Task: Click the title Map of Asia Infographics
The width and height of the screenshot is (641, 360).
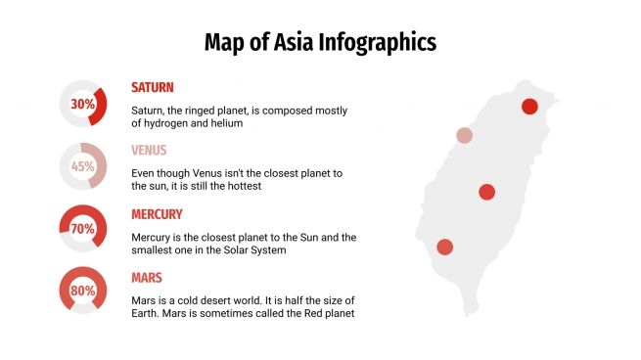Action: tap(320, 43)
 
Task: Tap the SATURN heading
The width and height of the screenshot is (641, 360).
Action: tap(153, 87)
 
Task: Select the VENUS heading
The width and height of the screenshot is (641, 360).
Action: tap(149, 151)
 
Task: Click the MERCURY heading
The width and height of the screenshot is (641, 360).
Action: tap(157, 214)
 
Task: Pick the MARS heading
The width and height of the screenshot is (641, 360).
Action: tap(147, 278)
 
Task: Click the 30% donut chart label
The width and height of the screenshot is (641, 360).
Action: tap(82, 104)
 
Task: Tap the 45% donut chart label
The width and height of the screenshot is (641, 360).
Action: tap(82, 166)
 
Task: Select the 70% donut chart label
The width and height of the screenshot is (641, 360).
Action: tap(82, 229)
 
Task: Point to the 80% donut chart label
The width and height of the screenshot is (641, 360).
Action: tap(82, 291)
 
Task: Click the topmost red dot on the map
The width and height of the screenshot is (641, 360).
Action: tap(529, 107)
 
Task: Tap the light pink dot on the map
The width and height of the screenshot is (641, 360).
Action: tap(464, 136)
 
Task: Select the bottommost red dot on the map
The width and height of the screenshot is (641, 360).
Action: tap(444, 247)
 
